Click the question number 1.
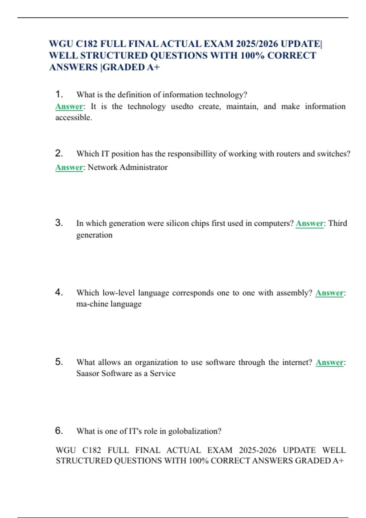59,94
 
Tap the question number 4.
59,292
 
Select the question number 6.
59,431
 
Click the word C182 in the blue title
87,44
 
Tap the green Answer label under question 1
69,107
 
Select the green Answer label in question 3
309,223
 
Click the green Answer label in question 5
329,362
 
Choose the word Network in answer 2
102,167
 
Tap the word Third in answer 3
338,223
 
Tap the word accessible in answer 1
74,118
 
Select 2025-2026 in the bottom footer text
257,450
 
